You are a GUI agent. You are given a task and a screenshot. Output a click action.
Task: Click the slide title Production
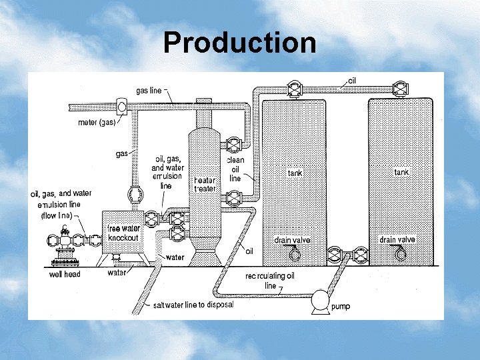click(239, 43)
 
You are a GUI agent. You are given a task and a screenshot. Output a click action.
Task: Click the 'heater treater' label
click(205, 185)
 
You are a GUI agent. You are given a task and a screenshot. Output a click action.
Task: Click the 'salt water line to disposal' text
click(193, 305)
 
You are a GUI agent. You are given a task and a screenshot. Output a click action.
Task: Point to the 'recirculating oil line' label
click(270, 280)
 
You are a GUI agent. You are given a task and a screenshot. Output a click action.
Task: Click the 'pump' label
click(341, 307)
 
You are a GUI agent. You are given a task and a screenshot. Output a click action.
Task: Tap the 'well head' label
click(65, 274)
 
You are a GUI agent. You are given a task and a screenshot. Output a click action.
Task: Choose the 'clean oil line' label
click(235, 169)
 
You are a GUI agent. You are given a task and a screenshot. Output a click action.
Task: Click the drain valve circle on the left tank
click(295, 253)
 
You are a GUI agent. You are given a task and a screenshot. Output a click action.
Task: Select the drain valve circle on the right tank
click(400, 253)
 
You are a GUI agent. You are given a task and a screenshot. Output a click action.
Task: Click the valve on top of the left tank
click(293, 88)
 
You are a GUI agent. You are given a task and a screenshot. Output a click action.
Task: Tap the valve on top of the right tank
click(400, 88)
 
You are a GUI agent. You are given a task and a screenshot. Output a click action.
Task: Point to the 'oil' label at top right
click(353, 80)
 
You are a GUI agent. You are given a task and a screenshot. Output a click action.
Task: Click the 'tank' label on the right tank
click(401, 172)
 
